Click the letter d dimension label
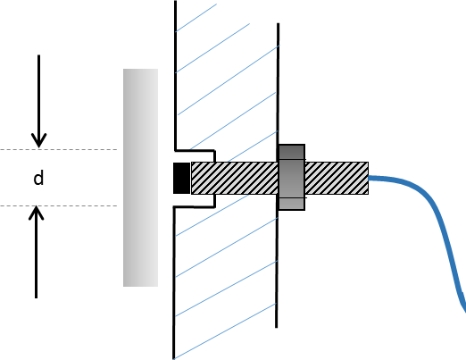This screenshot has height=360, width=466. pos(38,178)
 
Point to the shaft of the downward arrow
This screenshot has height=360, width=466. pos(38,100)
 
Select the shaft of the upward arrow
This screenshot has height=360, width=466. pos(37,253)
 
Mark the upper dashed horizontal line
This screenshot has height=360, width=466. pos(59,149)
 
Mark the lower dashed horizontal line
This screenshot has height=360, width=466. pos(59,205)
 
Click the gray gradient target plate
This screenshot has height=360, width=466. pos(140,178)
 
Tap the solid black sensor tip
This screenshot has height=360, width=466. pos(182,178)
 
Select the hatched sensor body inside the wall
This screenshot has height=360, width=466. pos(235,178)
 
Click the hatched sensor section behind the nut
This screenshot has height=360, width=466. pos(337,178)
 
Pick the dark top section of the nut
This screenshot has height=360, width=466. pos(292,152)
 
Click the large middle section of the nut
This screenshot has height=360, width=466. pos(292,179)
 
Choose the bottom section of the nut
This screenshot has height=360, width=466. pos(292,205)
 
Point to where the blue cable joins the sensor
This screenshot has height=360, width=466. pos(369,178)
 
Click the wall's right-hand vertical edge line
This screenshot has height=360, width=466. pos(278,176)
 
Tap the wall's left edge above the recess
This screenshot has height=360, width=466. pos(176,75)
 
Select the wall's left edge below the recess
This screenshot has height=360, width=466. pos(174,283)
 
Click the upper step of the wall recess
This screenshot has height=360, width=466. pos(195,150)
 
